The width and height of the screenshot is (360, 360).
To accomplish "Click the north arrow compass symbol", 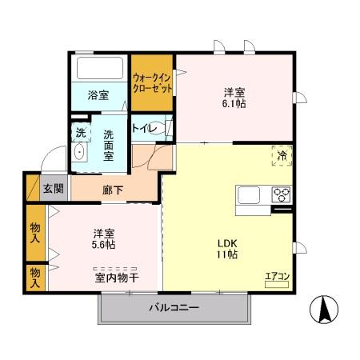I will coord(325,308).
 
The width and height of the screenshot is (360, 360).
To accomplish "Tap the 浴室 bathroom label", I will coord(98,94).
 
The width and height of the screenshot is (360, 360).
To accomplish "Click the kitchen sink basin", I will coord(250,194).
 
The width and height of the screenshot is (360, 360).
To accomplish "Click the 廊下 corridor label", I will coord(113,190).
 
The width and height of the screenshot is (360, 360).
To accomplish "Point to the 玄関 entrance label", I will coord(54,189).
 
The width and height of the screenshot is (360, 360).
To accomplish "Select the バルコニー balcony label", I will coord(174,308).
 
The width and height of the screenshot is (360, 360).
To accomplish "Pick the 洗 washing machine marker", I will coord(80,131).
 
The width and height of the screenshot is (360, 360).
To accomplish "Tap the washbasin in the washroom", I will coord(79,153).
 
